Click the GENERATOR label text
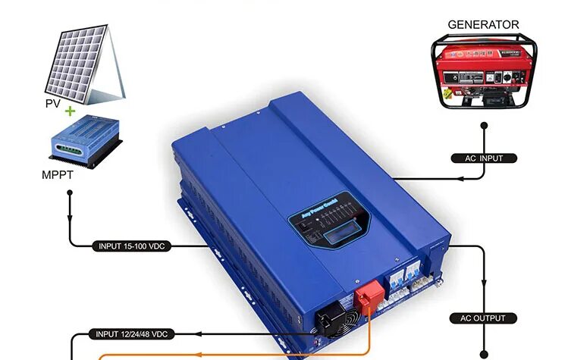point(483,24)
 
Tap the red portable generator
point(484,71)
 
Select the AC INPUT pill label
point(483,158)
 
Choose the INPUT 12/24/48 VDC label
point(131,333)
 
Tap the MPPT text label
point(58,175)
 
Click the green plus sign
point(71,111)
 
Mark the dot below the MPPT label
point(71,193)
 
